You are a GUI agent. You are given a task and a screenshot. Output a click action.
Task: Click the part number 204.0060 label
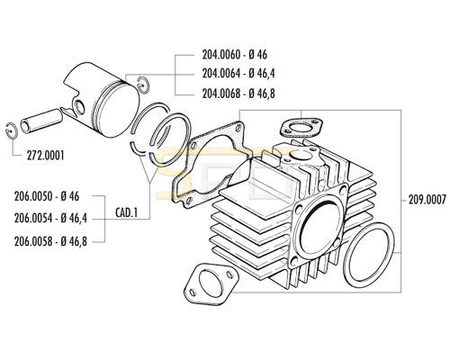click(x=221, y=55)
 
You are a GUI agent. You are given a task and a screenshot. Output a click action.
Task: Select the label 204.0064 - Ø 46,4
click(x=238, y=73)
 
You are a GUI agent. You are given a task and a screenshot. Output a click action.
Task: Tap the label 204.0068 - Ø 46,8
click(x=238, y=94)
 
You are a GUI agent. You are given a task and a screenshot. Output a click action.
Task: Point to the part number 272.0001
click(x=45, y=156)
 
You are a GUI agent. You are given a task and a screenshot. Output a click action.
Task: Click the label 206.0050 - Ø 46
click(x=47, y=196)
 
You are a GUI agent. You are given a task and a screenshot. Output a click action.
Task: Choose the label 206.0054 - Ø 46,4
click(x=50, y=218)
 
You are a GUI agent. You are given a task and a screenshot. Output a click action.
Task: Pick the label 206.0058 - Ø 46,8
click(x=50, y=241)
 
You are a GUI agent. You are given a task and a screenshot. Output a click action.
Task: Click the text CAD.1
click(x=126, y=212)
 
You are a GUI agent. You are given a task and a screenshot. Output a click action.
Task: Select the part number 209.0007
click(x=427, y=200)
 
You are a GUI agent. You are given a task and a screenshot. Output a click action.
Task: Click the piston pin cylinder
click(x=41, y=121)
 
